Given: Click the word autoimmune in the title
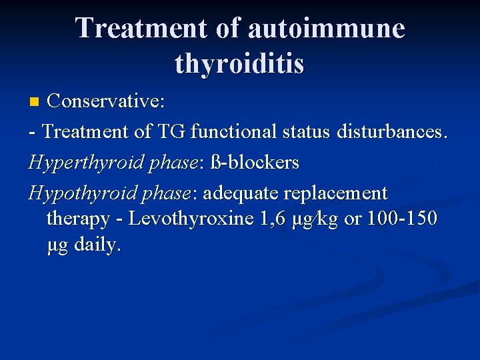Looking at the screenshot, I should pyautogui.click(x=326, y=28).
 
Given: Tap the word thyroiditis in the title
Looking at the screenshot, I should pyautogui.click(x=239, y=63).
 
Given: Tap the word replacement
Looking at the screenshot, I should pyautogui.click(x=335, y=193).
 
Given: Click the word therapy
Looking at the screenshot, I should pyautogui.click(x=78, y=219).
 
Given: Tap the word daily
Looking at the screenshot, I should pyautogui.click(x=98, y=245).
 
